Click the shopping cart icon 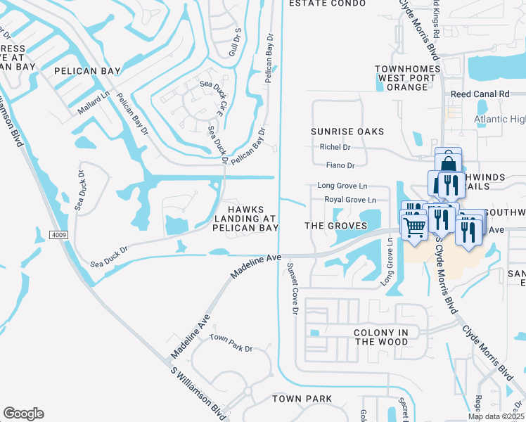414,226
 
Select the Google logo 23,414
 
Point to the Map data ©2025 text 495,416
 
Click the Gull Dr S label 237,43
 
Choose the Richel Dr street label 335,147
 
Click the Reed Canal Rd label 480,94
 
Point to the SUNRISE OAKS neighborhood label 348,132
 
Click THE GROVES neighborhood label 335,226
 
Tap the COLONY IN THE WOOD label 380,336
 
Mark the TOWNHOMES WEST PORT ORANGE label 402,77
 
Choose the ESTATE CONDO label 328,4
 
